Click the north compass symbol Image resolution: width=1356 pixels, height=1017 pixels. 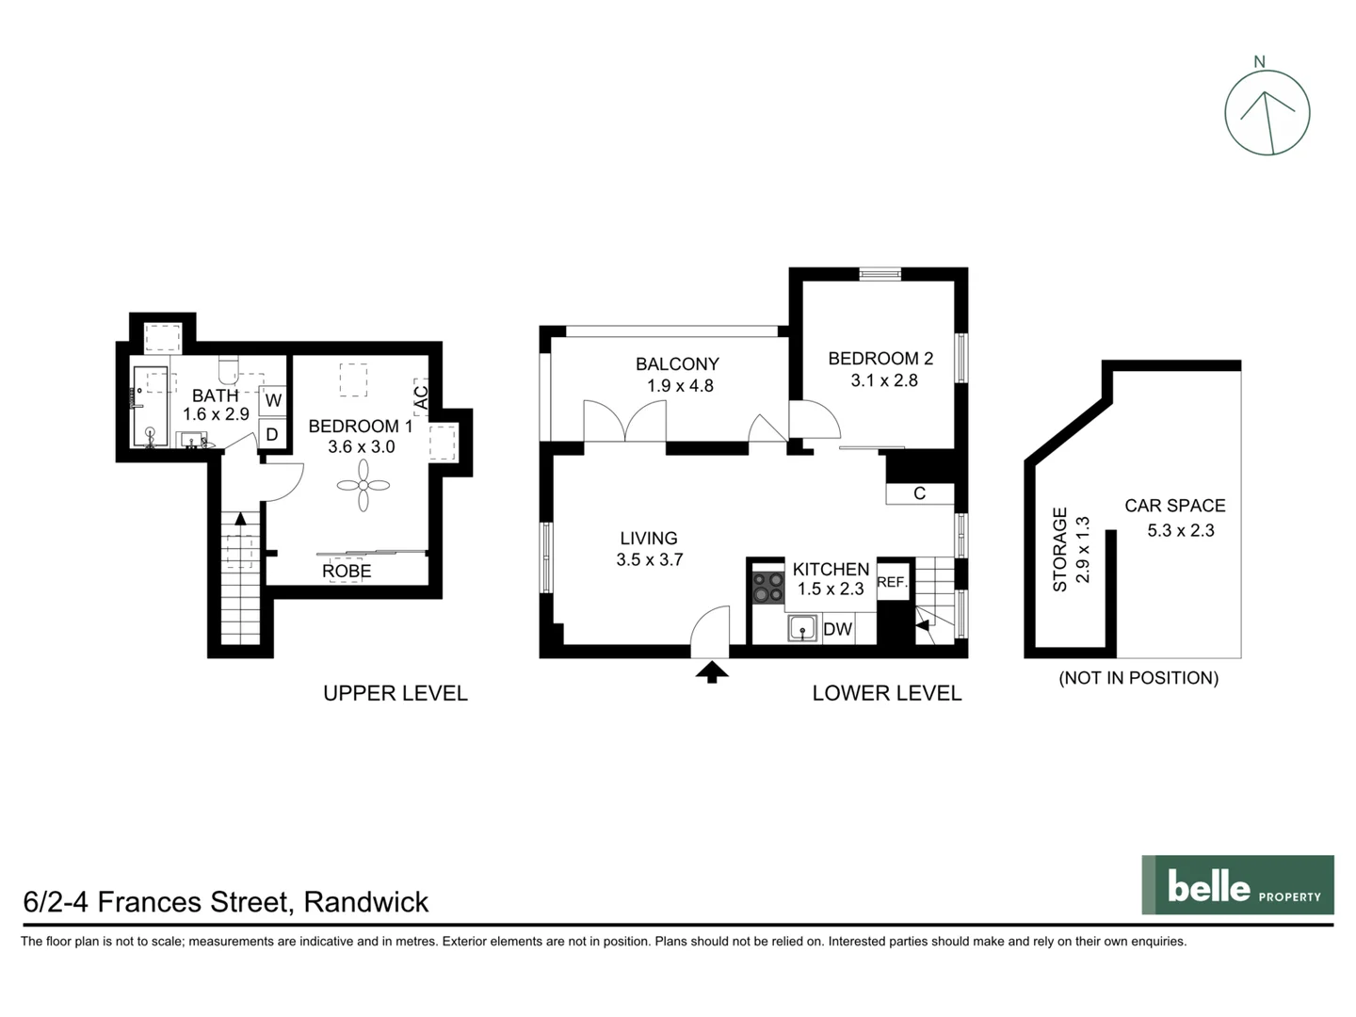pos(1267,112)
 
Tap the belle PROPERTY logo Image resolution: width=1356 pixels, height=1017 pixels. pos(1237,885)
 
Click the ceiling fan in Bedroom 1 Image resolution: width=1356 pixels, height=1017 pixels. pos(363,486)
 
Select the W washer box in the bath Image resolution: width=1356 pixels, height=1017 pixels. pos(273,400)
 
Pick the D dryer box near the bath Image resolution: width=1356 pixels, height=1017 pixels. pos(272,434)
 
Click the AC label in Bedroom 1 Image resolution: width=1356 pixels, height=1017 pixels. pos(421,397)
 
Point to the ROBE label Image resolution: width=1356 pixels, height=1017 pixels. pos(347,572)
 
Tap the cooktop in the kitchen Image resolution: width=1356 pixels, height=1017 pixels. pos(768,588)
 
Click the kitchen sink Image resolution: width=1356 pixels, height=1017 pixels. pos(802,628)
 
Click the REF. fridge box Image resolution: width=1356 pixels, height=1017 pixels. pos(892,583)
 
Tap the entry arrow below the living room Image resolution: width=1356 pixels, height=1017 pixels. pos(711,671)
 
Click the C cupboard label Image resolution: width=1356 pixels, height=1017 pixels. pos(919,493)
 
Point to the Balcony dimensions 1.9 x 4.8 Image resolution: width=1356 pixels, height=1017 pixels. pos(680,385)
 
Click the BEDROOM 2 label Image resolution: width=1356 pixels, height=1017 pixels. pos(880,359)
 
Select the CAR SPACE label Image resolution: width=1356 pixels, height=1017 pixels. pos(1174,506)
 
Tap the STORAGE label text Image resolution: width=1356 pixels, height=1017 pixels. pos(1060,549)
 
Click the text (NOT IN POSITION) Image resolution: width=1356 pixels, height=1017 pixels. pos(1138,678)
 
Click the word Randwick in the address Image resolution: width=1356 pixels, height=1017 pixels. pos(366,902)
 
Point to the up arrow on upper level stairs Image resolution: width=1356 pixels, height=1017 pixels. pos(240,518)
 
